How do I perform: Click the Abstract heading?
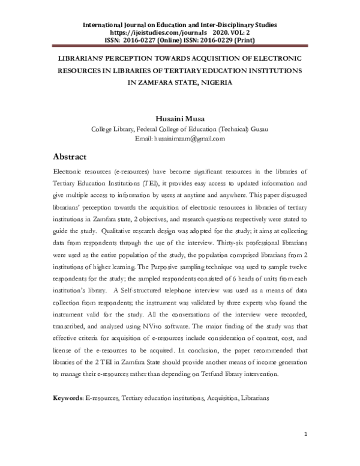[70, 157]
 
